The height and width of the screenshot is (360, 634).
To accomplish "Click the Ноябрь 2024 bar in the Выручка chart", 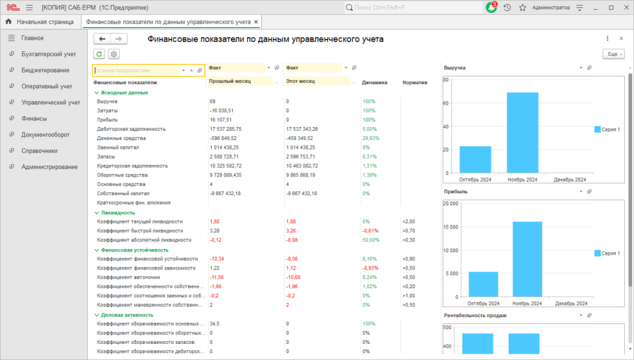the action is point(523,133).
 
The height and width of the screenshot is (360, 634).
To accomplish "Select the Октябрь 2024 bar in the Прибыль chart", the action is point(483,284).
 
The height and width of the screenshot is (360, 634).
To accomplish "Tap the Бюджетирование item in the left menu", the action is point(45,70).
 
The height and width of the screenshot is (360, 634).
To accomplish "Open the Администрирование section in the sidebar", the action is point(50,167).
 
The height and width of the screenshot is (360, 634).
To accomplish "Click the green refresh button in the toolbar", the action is point(99,54).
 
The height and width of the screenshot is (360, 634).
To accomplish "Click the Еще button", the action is point(614,54).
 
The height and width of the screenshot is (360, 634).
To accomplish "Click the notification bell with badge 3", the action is point(491,7).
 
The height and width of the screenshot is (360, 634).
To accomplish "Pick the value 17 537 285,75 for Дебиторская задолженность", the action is point(225,129).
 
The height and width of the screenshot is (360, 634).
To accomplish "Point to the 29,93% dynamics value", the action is point(371,138).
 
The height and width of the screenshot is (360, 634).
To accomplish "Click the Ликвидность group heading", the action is point(118,213).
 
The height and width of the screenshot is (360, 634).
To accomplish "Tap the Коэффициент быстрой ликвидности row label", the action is point(140,230).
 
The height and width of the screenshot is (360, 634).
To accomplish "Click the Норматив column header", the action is point(415,82).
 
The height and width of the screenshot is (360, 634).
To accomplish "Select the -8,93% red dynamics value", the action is point(370,268).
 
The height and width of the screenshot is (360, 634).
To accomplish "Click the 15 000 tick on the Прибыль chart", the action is point(451,227).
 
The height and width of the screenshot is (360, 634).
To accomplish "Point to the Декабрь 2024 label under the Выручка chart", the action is point(570,180).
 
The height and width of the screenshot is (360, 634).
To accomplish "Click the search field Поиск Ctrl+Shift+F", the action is point(413,7).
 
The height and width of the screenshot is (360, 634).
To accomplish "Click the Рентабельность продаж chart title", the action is point(475,315).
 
